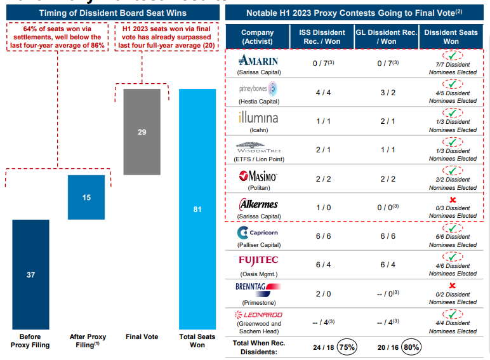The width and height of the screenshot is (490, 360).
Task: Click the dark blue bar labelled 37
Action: point(30,274)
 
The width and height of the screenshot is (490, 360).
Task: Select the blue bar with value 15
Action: point(86,197)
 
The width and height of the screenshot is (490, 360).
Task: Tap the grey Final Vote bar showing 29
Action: point(142,131)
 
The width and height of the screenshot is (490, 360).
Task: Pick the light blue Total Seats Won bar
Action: point(197,209)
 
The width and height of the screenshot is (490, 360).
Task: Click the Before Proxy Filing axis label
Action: point(30,341)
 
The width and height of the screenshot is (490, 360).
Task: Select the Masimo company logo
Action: point(258,176)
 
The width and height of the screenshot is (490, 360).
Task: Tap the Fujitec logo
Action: point(258,261)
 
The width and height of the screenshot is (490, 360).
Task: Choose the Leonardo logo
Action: point(258,315)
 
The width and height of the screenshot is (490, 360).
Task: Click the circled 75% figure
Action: point(347,347)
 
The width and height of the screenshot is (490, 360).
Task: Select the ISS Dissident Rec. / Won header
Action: point(322,37)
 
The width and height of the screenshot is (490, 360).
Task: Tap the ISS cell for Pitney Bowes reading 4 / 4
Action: point(322,93)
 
